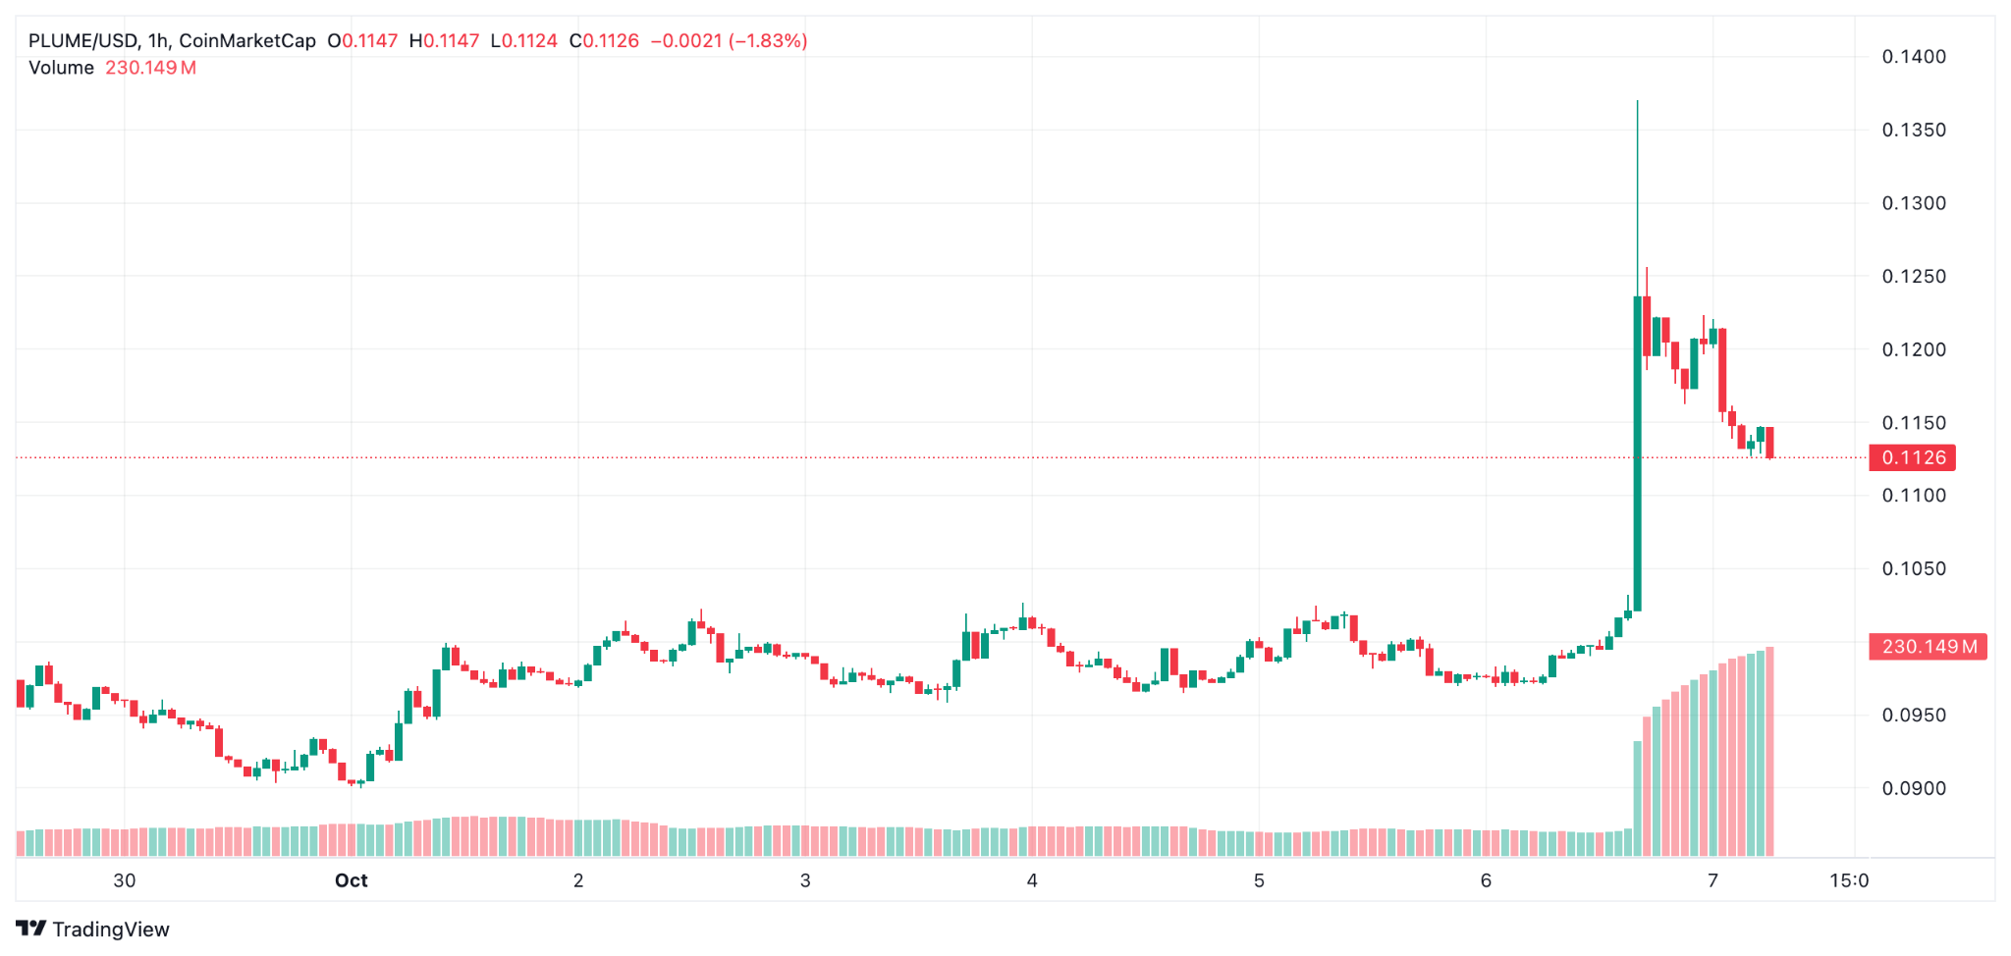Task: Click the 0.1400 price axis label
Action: (x=1913, y=57)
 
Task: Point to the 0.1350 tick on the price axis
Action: (x=1913, y=130)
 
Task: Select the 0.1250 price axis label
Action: (x=1913, y=276)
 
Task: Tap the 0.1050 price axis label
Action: (x=1913, y=568)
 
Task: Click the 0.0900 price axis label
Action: (x=1913, y=788)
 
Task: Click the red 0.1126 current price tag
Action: (x=1913, y=457)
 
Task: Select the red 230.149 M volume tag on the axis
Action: (x=1928, y=647)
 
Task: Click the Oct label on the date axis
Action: (x=351, y=880)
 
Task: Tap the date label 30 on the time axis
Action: (x=125, y=880)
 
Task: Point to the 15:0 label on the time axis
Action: (x=1848, y=880)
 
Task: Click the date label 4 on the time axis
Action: (x=1032, y=880)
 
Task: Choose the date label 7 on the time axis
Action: (x=1712, y=880)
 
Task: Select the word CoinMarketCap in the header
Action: (x=247, y=41)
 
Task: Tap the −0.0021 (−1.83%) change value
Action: (x=729, y=41)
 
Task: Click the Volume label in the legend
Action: (x=61, y=68)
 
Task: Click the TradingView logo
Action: (x=93, y=929)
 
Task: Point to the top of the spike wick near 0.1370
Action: (x=1637, y=102)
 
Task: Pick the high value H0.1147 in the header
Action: (x=444, y=41)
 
